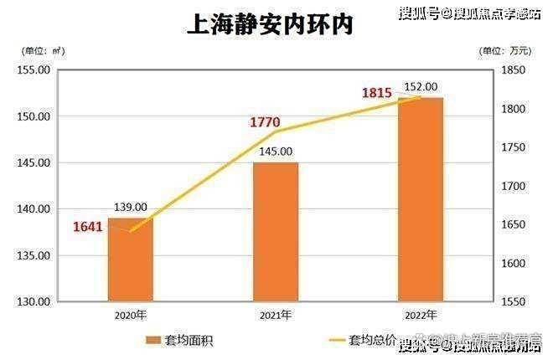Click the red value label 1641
point(87,226)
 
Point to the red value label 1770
point(265,123)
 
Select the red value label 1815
point(377,92)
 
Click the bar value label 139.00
point(131,207)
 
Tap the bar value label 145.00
point(276,152)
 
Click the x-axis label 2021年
point(275,315)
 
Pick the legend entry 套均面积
point(179,340)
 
